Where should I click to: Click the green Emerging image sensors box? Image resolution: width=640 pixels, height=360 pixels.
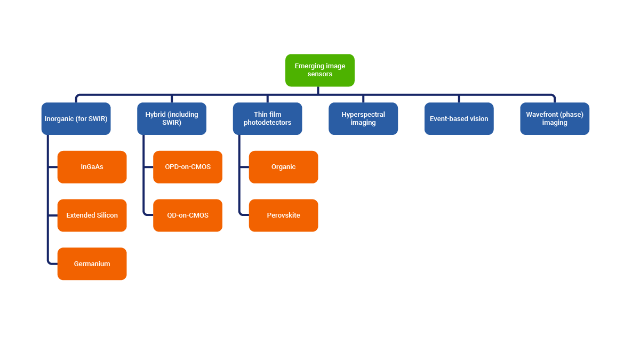[320, 70]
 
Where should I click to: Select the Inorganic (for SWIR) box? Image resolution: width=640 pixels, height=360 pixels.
[76, 118]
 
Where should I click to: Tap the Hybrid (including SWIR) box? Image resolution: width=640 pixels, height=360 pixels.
[172, 118]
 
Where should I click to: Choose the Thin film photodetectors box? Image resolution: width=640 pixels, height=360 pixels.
[268, 118]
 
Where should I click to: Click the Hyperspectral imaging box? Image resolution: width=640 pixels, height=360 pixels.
[363, 118]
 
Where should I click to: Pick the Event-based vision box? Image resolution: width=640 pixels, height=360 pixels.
[459, 118]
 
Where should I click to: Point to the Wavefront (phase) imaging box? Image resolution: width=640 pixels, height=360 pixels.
[555, 118]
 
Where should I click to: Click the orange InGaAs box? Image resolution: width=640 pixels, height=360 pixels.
[92, 167]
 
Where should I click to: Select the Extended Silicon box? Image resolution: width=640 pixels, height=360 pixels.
[92, 215]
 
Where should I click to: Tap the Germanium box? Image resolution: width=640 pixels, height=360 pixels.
[92, 263]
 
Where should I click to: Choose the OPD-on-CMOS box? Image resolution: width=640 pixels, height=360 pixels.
[188, 167]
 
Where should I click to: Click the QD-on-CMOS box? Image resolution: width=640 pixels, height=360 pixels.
[188, 215]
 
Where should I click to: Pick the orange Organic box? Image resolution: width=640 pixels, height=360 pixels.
[284, 167]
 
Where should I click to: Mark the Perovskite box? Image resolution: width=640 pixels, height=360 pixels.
[284, 215]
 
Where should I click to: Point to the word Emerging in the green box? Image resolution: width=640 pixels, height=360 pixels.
[309, 66]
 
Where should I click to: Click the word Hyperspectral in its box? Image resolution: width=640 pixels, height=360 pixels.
[363, 115]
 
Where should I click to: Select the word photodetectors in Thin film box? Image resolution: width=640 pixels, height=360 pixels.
[268, 123]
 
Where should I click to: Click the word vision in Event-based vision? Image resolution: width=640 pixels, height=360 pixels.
[478, 119]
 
